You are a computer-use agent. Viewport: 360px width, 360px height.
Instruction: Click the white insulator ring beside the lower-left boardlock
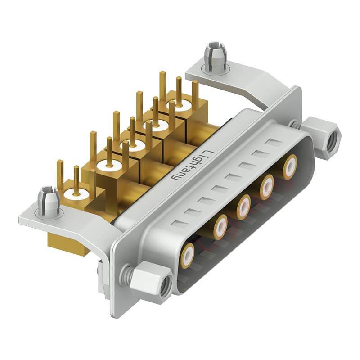tap(73, 194)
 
